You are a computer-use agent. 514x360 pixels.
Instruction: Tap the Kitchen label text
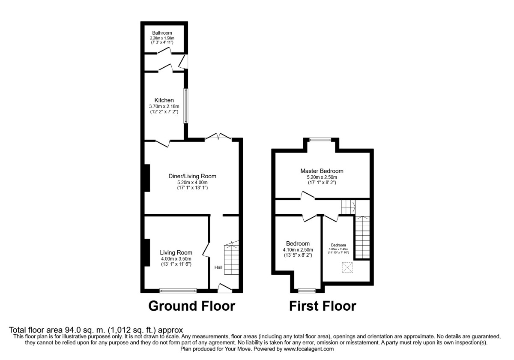(x=164, y=100)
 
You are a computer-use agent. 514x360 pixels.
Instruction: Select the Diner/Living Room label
(x=192, y=176)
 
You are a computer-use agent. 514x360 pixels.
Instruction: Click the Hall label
(x=218, y=267)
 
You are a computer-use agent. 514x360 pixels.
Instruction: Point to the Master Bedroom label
(x=322, y=171)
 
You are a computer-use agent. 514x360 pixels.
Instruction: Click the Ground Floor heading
(x=191, y=306)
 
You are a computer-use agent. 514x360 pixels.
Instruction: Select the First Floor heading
(x=322, y=306)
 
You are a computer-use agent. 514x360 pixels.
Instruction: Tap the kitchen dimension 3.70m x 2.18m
(x=164, y=106)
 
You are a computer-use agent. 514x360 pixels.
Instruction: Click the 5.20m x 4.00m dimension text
(x=192, y=182)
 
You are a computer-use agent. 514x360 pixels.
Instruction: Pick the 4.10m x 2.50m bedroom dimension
(x=298, y=250)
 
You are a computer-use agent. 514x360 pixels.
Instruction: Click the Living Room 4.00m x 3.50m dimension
(x=176, y=258)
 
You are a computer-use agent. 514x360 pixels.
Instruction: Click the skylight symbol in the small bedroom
(x=346, y=268)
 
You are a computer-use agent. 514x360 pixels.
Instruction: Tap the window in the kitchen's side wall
(x=186, y=106)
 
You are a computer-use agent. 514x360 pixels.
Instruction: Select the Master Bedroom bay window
(x=321, y=138)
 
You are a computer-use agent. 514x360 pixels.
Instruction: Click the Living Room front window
(x=178, y=291)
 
